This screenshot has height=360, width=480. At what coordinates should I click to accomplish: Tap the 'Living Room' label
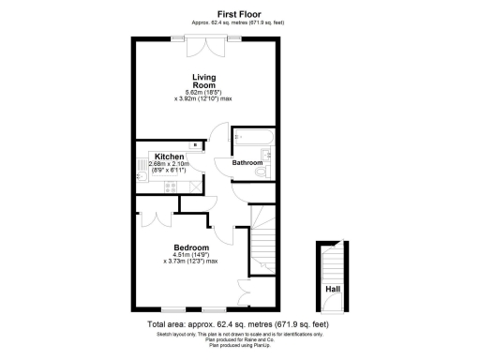[205, 81]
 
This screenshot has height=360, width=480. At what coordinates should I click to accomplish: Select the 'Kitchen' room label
[169, 156]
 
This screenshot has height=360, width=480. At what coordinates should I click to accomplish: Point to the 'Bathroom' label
[247, 163]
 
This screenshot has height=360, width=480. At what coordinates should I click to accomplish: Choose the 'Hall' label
[332, 289]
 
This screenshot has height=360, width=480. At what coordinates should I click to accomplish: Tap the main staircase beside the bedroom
[263, 246]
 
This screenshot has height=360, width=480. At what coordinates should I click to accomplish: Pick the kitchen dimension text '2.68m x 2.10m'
[169, 164]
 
